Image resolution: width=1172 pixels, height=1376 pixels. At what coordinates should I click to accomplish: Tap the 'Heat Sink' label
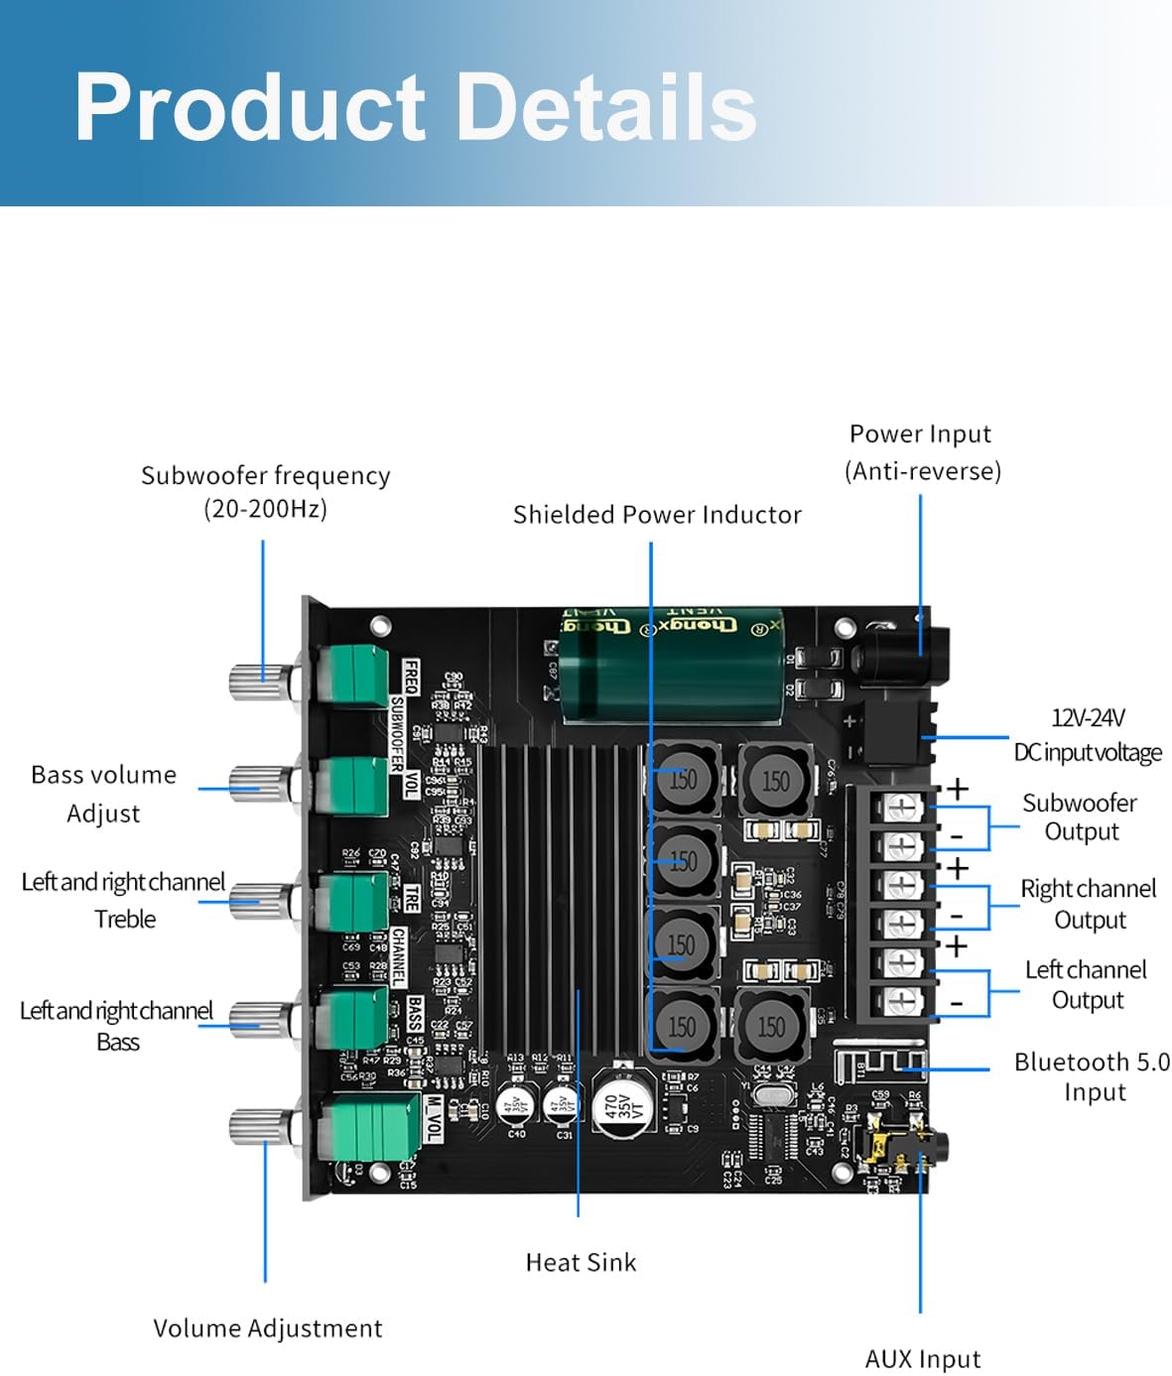tap(581, 1262)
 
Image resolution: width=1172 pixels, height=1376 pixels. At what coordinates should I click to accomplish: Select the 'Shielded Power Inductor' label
tap(657, 515)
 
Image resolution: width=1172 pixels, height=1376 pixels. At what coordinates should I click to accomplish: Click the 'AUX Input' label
tap(922, 1358)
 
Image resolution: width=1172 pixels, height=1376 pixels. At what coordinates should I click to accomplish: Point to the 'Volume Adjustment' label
tap(267, 1328)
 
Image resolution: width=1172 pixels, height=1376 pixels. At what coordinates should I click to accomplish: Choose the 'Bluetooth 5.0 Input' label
tap(1092, 1076)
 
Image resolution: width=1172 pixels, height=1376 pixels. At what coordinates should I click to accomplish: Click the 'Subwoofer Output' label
tap(1080, 816)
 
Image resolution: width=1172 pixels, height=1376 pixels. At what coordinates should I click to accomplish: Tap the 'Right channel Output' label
tap(1089, 904)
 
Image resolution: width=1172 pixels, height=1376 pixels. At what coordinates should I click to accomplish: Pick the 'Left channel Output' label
tap(1086, 984)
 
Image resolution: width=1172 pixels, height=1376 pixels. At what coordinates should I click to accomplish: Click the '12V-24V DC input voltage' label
tap(1087, 735)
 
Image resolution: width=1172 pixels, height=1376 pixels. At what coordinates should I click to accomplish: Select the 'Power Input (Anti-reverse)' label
tap(922, 451)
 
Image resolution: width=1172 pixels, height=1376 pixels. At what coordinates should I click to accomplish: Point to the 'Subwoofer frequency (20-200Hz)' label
tap(265, 491)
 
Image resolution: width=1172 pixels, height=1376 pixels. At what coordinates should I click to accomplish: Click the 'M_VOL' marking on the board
tap(434, 1118)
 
